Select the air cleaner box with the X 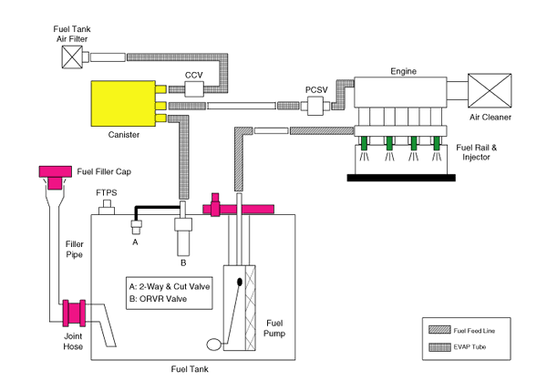[492, 91]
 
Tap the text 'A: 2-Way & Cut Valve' [170, 285]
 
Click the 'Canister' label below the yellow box [123, 134]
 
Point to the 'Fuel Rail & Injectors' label [473, 150]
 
